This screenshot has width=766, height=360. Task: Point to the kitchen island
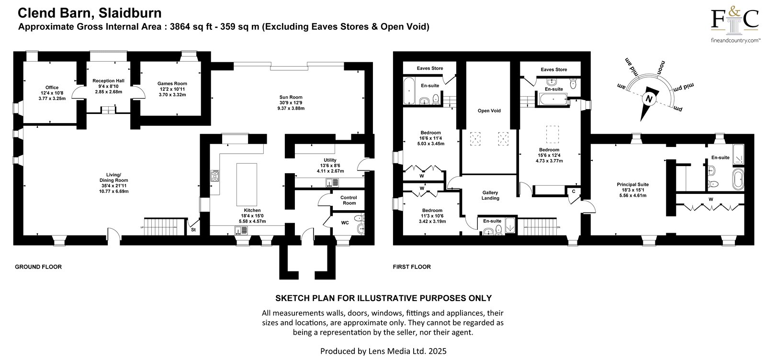(x=247, y=184)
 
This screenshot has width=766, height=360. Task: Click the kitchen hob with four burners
(x=215, y=176)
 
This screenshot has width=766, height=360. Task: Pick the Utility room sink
(x=332, y=182)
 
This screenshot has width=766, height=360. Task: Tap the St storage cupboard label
(x=193, y=230)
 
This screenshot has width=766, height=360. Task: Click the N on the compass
(x=649, y=100)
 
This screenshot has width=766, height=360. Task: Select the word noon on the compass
(x=661, y=67)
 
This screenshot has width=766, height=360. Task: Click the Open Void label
(x=489, y=111)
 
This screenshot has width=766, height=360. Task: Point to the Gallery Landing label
(x=490, y=195)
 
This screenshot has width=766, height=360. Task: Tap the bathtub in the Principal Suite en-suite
(x=738, y=179)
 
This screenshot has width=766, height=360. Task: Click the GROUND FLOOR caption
(x=38, y=267)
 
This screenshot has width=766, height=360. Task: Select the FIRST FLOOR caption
(x=412, y=267)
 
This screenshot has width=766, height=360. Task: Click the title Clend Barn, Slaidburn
(x=90, y=13)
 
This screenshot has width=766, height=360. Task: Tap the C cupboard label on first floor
(x=574, y=191)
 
